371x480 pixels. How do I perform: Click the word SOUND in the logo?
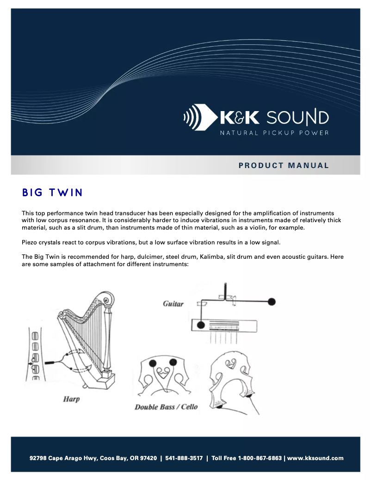[x=297, y=118]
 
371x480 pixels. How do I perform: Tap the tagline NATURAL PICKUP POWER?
[x=274, y=133]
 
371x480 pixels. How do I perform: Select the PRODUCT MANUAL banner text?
[x=284, y=165]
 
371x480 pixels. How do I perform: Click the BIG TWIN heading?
[x=52, y=193]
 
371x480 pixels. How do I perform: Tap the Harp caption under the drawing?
[x=71, y=399]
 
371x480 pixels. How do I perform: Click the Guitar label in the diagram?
[x=173, y=304]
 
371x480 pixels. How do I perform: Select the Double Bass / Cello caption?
[x=166, y=407]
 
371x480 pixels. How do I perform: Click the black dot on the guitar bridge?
[x=201, y=324]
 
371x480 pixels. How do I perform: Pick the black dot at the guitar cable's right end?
[x=272, y=301]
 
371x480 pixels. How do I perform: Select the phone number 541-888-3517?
[x=184, y=458]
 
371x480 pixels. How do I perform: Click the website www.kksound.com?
[x=315, y=458]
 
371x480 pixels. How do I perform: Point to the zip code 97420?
[x=148, y=458]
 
